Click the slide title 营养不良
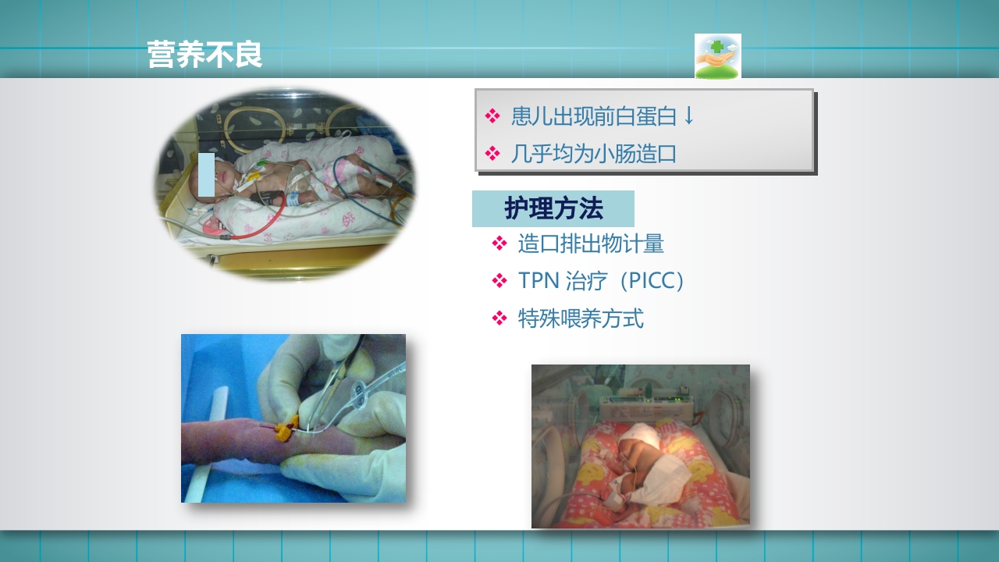pos(204,55)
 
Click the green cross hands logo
pos(717,56)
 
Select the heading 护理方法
pos(553,209)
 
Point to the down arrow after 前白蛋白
pos(688,116)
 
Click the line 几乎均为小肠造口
pos(593,154)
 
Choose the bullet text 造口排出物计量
pos(591,244)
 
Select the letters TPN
pos(535,281)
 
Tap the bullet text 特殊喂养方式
pos(581,318)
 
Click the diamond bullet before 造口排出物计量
pos(499,244)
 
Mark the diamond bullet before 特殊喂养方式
pos(499,318)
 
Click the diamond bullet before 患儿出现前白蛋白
pos(492,116)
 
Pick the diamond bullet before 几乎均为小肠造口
pos(492,154)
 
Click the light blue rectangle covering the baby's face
pos(206,174)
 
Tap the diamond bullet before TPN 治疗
pos(499,281)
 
